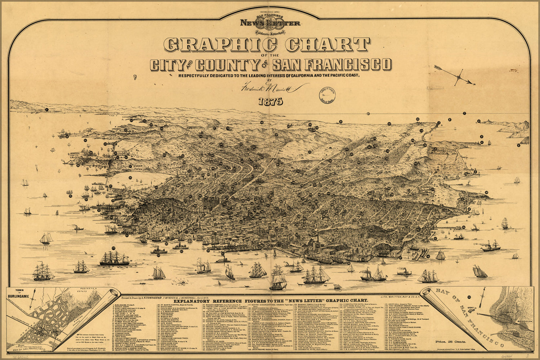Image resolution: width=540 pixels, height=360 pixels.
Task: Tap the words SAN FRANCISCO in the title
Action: (331, 65)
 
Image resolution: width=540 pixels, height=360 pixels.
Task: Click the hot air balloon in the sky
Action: (135, 77)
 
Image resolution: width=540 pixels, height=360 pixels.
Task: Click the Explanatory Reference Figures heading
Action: (271, 300)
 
